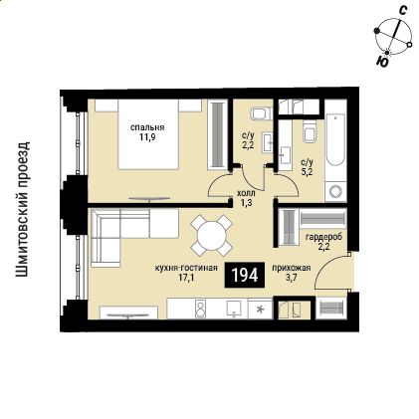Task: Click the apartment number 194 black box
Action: [x=245, y=275]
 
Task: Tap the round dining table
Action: [x=211, y=236]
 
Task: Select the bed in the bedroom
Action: [x=148, y=134]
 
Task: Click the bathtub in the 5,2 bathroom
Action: [x=335, y=139]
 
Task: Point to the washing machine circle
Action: [x=335, y=191]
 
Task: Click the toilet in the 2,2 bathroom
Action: [x=262, y=113]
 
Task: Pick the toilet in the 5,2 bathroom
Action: [x=310, y=131]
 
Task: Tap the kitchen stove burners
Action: [x=200, y=309]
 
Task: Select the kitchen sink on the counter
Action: [x=235, y=309]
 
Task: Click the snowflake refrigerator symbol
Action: [x=261, y=310]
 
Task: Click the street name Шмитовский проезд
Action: [x=23, y=209]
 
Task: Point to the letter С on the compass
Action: [x=402, y=11]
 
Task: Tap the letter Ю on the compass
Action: [x=382, y=62]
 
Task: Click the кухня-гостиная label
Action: [x=186, y=268]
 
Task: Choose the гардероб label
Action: [x=323, y=237]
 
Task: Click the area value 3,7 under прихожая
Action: [x=292, y=277]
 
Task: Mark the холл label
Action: [x=246, y=193]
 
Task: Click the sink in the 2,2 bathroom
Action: [x=268, y=142]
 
